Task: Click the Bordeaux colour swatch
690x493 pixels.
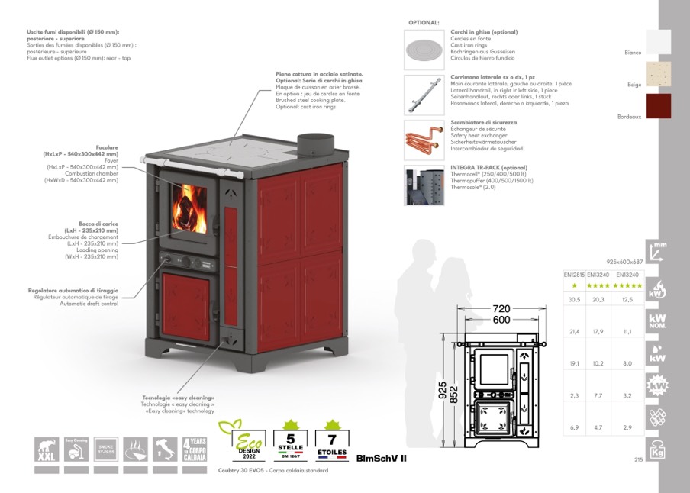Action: click(x=660, y=106)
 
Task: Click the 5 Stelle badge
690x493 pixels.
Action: click(x=289, y=440)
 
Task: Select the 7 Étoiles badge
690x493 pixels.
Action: click(x=331, y=440)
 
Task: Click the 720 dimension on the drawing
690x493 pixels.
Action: click(x=501, y=309)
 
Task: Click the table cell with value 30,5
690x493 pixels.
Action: click(x=574, y=300)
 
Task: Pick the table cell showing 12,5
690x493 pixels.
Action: click(x=627, y=300)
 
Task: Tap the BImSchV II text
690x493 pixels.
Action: click(x=382, y=458)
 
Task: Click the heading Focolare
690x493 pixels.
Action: click(x=106, y=147)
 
